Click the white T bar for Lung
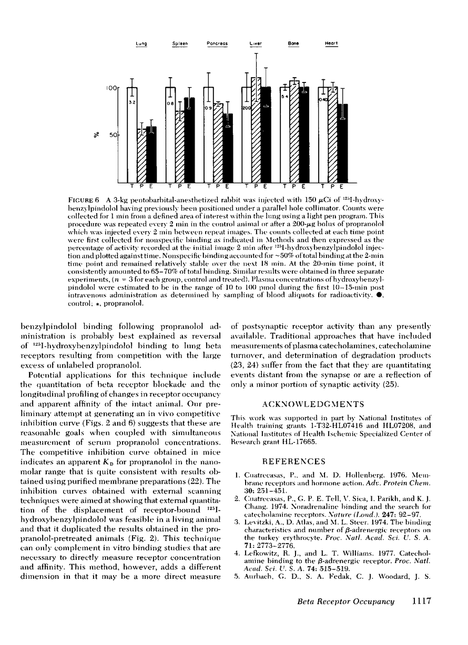(132, 134)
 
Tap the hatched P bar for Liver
(257, 129)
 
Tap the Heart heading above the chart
(331, 44)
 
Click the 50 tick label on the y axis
(112, 135)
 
